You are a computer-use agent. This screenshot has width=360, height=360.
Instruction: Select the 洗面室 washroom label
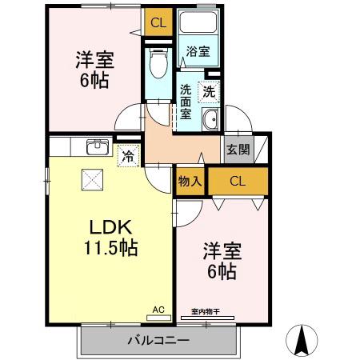(x=186, y=101)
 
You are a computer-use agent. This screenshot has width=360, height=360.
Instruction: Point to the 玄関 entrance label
(x=237, y=149)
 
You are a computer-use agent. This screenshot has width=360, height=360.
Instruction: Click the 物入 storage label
(x=190, y=181)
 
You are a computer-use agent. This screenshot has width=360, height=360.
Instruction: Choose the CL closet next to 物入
(x=238, y=181)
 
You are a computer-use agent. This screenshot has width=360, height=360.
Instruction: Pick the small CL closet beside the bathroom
(x=158, y=22)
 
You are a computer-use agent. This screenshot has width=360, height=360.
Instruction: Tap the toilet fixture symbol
(x=158, y=63)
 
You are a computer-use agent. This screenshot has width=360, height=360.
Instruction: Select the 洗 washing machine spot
(x=208, y=92)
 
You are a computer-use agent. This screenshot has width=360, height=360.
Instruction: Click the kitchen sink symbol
(x=98, y=146)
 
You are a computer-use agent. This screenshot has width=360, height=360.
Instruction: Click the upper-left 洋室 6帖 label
(x=93, y=70)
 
